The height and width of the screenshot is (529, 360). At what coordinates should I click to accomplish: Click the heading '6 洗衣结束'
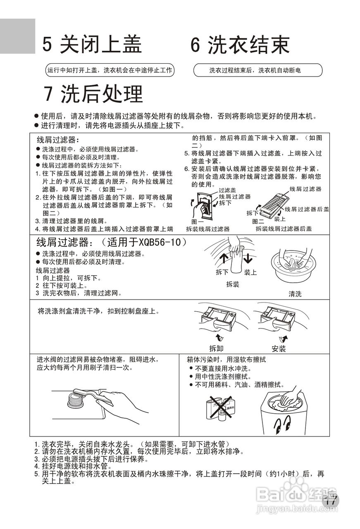pos(240,45)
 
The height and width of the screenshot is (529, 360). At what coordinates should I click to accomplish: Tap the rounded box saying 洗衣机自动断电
pos(257,70)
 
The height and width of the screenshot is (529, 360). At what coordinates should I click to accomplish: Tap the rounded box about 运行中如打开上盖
pos(110,70)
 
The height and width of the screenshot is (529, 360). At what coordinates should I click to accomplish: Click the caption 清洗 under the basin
pos(295,294)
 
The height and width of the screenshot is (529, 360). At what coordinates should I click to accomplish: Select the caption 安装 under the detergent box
pos(279,348)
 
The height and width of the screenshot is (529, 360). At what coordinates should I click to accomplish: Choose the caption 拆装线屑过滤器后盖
pos(284,229)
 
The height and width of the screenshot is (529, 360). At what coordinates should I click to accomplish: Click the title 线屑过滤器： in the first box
pos(58,140)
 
